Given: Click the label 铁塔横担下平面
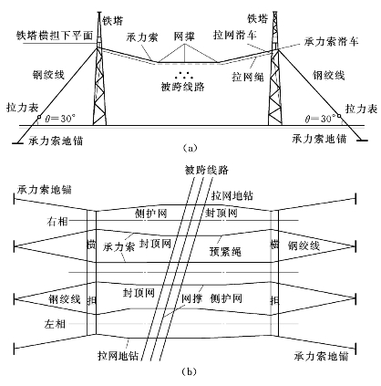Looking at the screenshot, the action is pyautogui.click(x=55, y=36).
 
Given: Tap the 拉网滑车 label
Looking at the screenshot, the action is pyautogui.click(x=235, y=36).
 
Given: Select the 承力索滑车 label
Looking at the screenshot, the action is pyautogui.click(x=332, y=41).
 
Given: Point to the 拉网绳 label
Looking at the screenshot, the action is pyautogui.click(x=248, y=77).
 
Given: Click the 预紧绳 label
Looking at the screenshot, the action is pyautogui.click(x=225, y=252).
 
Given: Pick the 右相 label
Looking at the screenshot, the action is pyautogui.click(x=57, y=222).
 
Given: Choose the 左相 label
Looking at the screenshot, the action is pyautogui.click(x=55, y=324).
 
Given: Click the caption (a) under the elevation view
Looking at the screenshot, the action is pyautogui.click(x=190, y=148).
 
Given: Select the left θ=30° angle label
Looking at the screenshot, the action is pyautogui.click(x=60, y=119).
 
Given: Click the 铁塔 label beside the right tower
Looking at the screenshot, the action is pyautogui.click(x=258, y=18).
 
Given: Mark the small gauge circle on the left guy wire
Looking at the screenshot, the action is pyautogui.click(x=39, y=117).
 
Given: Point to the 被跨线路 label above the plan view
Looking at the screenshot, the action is pyautogui.click(x=207, y=170).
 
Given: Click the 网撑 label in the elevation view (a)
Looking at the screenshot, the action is pyautogui.click(x=184, y=37).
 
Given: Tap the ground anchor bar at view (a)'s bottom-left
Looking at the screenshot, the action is pyautogui.click(x=18, y=142).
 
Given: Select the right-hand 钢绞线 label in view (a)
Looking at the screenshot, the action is pyautogui.click(x=329, y=75).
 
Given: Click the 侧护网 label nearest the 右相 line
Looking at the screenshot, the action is pyautogui.click(x=151, y=214).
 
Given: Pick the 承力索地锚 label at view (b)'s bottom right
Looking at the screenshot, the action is pyautogui.click(x=321, y=356).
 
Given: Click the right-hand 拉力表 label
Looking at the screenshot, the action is pyautogui.click(x=362, y=109).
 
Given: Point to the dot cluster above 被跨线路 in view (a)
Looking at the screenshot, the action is pyautogui.click(x=184, y=75).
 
